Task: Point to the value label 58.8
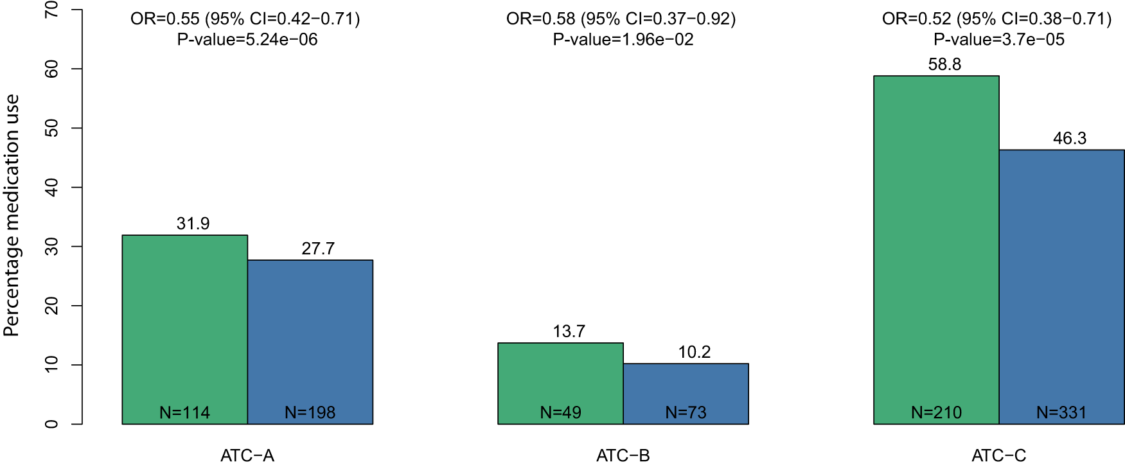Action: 944,64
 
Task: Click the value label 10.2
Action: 695,352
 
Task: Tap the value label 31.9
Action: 193,224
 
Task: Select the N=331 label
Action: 1061,412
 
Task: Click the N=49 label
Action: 560,412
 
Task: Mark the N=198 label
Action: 310,412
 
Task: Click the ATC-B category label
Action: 623,456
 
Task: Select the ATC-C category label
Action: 998,456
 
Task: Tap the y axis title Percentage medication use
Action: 12,215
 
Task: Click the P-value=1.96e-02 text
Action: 623,40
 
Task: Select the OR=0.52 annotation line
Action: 997,19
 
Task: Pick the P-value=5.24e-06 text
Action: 247,40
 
